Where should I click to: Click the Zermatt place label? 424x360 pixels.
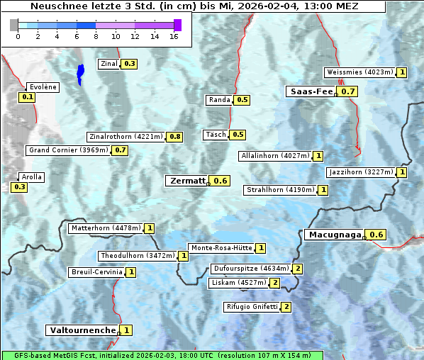(x=186, y=181)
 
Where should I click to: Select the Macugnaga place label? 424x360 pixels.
(x=334, y=235)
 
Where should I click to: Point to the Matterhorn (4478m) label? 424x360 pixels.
(x=105, y=228)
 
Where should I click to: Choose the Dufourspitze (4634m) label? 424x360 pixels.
(x=251, y=269)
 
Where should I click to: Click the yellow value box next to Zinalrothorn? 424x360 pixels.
(x=174, y=137)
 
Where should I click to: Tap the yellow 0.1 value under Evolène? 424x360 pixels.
(x=28, y=97)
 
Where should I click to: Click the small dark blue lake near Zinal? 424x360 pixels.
(x=80, y=72)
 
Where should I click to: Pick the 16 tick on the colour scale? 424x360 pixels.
(x=174, y=35)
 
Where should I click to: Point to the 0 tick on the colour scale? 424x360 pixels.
(x=18, y=35)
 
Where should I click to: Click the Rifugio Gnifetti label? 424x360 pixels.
(x=252, y=307)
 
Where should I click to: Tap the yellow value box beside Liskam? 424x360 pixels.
(x=274, y=283)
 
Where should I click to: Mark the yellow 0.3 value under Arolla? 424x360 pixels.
(x=19, y=187)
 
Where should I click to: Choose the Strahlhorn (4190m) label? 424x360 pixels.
(x=280, y=190)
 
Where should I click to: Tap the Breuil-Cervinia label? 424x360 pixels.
(x=96, y=272)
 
